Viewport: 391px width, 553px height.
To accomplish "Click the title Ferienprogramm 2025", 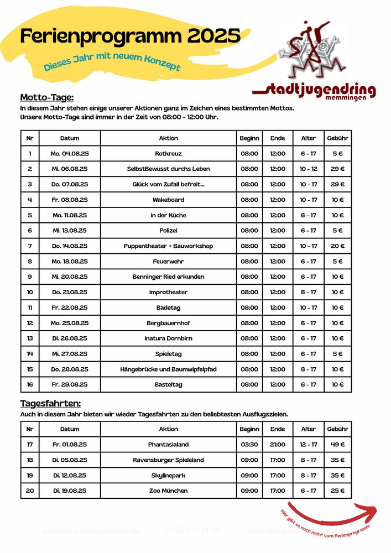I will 130,36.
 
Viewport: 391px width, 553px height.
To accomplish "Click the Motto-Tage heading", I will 46,97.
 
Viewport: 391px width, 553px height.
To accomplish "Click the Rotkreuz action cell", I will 168,153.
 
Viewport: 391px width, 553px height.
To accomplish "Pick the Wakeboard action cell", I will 168,200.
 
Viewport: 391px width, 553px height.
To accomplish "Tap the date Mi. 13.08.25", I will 70,231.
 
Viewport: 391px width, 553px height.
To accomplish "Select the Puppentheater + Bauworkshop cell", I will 168,246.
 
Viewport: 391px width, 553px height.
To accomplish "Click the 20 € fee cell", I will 337,246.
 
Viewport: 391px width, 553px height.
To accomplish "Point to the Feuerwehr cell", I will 168,262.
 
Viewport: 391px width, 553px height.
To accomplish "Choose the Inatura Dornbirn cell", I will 168,338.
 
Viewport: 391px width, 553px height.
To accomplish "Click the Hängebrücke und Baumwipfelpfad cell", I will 168,369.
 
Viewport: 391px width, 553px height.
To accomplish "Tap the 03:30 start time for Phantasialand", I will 249,444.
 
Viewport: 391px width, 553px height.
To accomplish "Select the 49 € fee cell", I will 337,444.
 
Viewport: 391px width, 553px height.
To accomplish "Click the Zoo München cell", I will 168,491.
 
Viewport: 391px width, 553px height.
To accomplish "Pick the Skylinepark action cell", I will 168,475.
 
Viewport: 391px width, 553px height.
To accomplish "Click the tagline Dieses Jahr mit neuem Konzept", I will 112,61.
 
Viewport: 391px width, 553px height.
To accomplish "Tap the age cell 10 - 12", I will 308,169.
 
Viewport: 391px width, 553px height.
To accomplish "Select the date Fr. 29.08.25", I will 70,385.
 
